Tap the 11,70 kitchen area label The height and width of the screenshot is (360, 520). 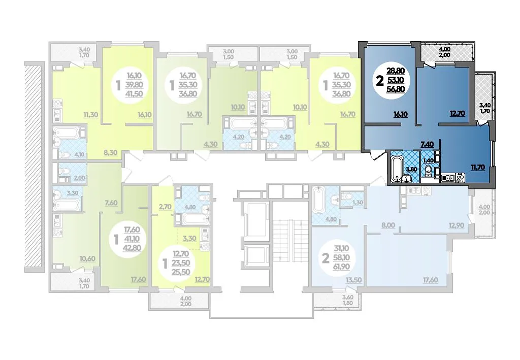[x=478, y=168]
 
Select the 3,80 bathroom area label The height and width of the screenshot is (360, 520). [x=411, y=169]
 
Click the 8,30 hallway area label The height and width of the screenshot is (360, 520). [x=110, y=153]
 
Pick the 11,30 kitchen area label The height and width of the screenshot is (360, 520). [x=90, y=115]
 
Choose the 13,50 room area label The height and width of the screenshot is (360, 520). [x=353, y=280]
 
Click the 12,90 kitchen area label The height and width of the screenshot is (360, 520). [x=456, y=226]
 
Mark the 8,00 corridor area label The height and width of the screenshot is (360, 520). [x=388, y=225]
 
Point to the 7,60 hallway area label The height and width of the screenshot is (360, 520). [x=111, y=203]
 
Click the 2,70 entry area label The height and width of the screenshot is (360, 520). [x=165, y=207]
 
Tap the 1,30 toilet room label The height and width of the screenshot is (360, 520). [x=358, y=203]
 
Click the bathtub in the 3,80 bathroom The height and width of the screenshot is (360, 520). [x=396, y=170]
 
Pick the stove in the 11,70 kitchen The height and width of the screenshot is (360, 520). [x=460, y=178]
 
